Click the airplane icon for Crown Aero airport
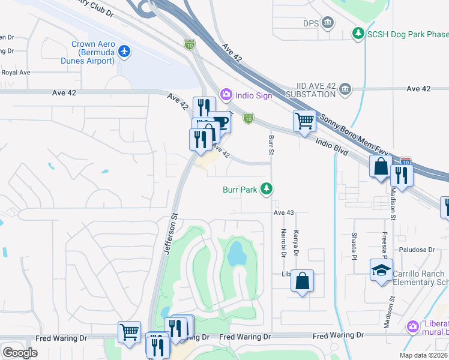pyautogui.click(x=124, y=52)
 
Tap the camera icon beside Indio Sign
pyautogui.click(x=226, y=95)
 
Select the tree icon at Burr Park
pyautogui.click(x=267, y=190)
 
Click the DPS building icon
pyautogui.click(x=328, y=23)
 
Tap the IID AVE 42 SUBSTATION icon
pyautogui.click(x=345, y=89)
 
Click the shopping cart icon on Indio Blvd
pyautogui.click(x=304, y=121)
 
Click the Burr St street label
pyautogui.click(x=271, y=145)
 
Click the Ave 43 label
pyautogui.click(x=284, y=213)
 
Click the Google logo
pyautogui.click(x=20, y=352)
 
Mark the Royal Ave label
pyautogui.click(x=16, y=73)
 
